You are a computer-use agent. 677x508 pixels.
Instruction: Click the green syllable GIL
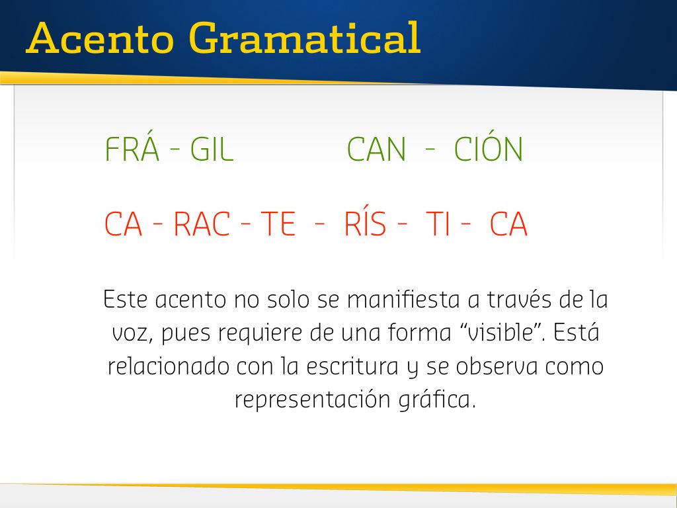pyautogui.click(x=212, y=149)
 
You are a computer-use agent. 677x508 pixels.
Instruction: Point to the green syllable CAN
pyautogui.click(x=376, y=149)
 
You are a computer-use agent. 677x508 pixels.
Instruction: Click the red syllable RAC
pyautogui.click(x=202, y=224)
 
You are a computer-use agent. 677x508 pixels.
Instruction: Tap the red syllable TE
pyautogui.click(x=278, y=224)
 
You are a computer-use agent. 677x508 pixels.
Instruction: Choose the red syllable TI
pyautogui.click(x=438, y=224)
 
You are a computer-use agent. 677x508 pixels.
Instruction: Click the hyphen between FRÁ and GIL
pyautogui.click(x=175, y=149)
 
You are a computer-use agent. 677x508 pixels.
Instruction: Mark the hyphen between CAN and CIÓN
pyautogui.click(x=430, y=149)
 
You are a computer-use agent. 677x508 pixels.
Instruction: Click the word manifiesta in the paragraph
pyautogui.click(x=403, y=299)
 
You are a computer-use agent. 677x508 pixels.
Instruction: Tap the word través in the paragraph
pyautogui.click(x=520, y=299)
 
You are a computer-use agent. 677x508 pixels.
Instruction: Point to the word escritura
pyautogui.click(x=352, y=366)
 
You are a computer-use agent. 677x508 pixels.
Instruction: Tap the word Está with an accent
pyautogui.click(x=577, y=332)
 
